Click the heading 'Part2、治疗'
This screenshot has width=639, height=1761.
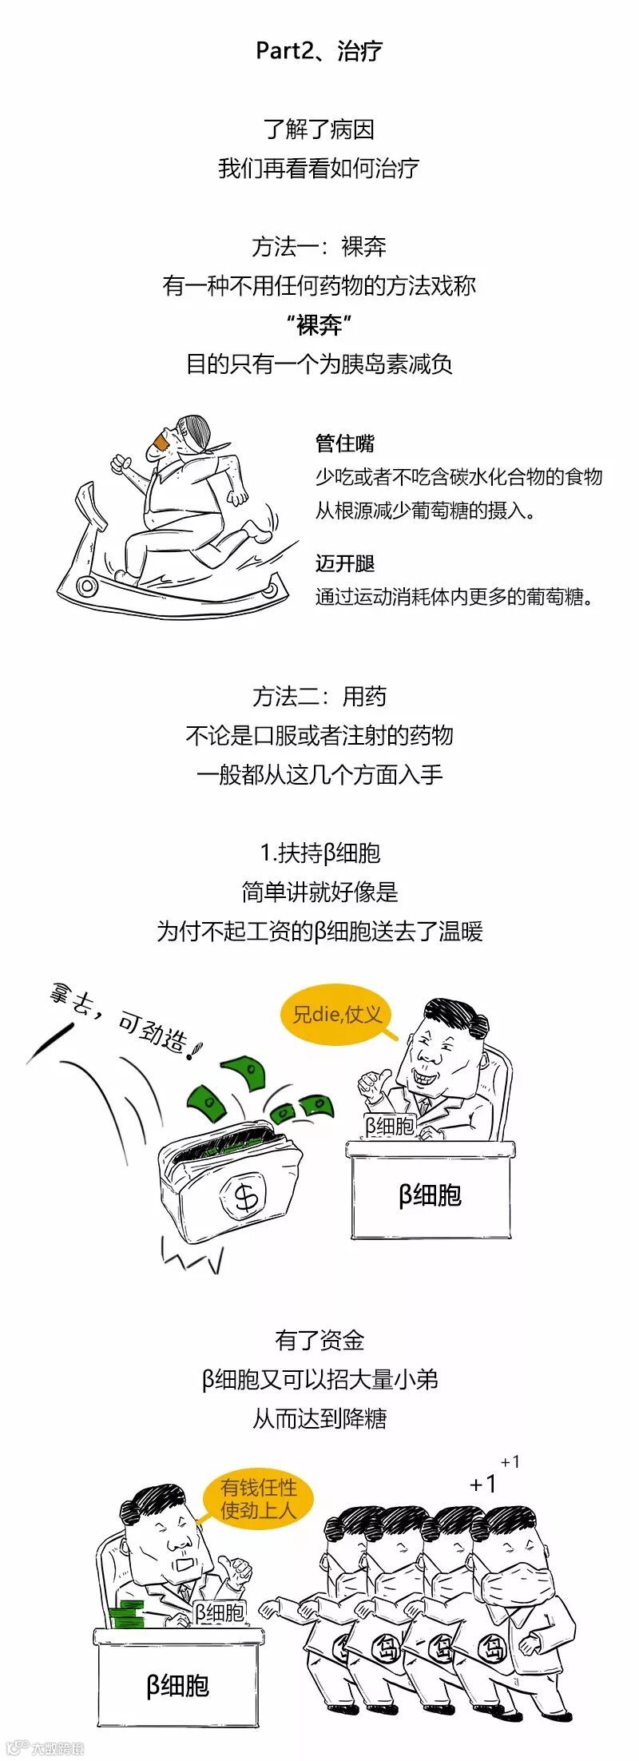pyautogui.click(x=319, y=51)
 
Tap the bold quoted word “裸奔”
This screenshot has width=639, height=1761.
pyautogui.click(x=319, y=325)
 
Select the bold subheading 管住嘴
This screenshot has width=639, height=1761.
pyautogui.click(x=345, y=443)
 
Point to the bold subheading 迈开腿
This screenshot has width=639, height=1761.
pyautogui.click(x=345, y=563)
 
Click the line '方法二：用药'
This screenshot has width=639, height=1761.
pyautogui.click(x=319, y=697)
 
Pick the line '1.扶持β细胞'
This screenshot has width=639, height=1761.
pyautogui.click(x=319, y=853)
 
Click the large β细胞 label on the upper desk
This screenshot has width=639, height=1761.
pyautogui.click(x=430, y=1195)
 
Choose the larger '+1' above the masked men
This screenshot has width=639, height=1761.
pyautogui.click(x=483, y=1484)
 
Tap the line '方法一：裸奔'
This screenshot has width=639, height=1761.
pyautogui.click(x=319, y=247)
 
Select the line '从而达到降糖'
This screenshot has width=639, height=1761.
pyautogui.click(x=319, y=1418)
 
